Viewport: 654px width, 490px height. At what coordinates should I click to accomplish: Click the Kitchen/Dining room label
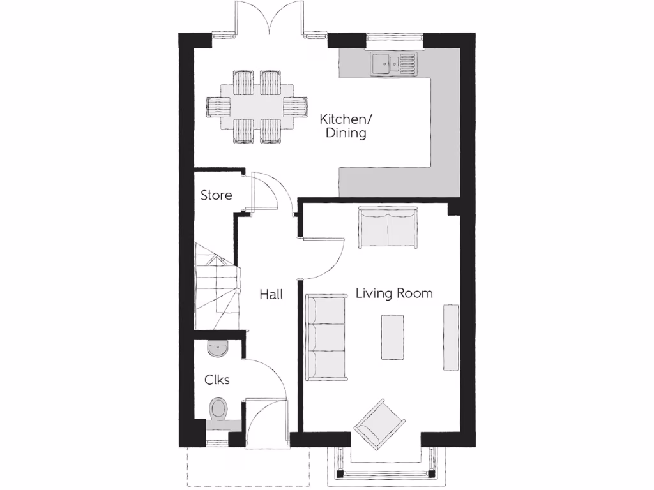point(344,126)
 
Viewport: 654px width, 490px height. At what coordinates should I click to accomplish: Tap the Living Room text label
point(393,293)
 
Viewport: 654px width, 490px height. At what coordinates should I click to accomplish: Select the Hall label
point(271,295)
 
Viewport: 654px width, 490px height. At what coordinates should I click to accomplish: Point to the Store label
point(217,195)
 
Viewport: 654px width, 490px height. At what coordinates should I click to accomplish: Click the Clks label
point(217,380)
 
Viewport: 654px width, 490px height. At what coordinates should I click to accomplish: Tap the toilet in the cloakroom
point(218,408)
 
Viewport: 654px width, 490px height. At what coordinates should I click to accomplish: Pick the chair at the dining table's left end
point(217,106)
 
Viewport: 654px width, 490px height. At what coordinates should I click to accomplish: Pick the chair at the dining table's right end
point(296,106)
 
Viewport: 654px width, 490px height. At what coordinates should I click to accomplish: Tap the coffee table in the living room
point(392,336)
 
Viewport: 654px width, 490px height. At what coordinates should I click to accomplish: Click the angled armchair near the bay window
point(380,424)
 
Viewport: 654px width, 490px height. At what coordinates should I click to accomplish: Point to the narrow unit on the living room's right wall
point(451,338)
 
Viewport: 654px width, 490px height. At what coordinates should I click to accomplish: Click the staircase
point(216,287)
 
